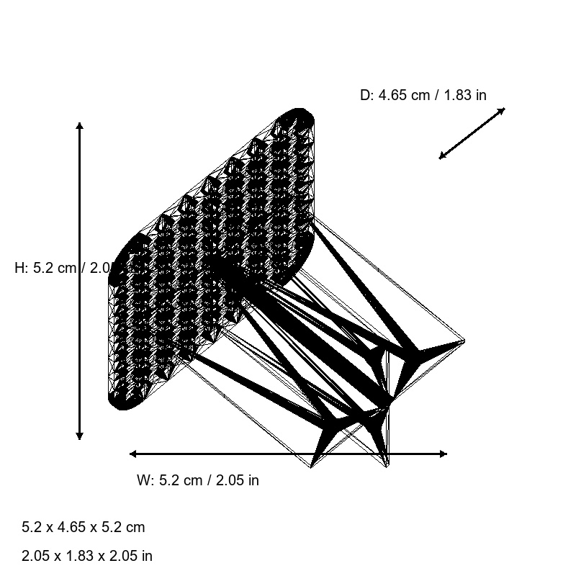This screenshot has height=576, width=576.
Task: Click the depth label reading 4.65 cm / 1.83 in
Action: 423,95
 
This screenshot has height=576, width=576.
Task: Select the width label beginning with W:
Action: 197,480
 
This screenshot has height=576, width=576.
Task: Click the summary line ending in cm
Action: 84,527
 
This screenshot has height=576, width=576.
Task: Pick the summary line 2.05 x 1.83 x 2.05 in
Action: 87,556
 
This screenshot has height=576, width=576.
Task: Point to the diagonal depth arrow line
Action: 472,133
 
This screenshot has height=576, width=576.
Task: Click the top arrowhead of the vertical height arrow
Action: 79,126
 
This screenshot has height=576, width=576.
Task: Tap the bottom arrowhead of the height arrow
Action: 79,436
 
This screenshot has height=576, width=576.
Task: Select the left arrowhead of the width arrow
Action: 133,454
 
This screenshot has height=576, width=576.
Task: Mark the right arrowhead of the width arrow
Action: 443,454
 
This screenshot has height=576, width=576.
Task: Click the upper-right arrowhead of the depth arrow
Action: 501,111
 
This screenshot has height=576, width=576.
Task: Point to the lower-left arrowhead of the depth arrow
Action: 443,156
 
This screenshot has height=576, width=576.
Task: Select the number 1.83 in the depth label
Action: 458,95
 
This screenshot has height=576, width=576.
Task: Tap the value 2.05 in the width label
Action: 230,480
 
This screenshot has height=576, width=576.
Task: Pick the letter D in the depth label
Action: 365,95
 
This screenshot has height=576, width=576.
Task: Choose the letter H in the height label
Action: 19,268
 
